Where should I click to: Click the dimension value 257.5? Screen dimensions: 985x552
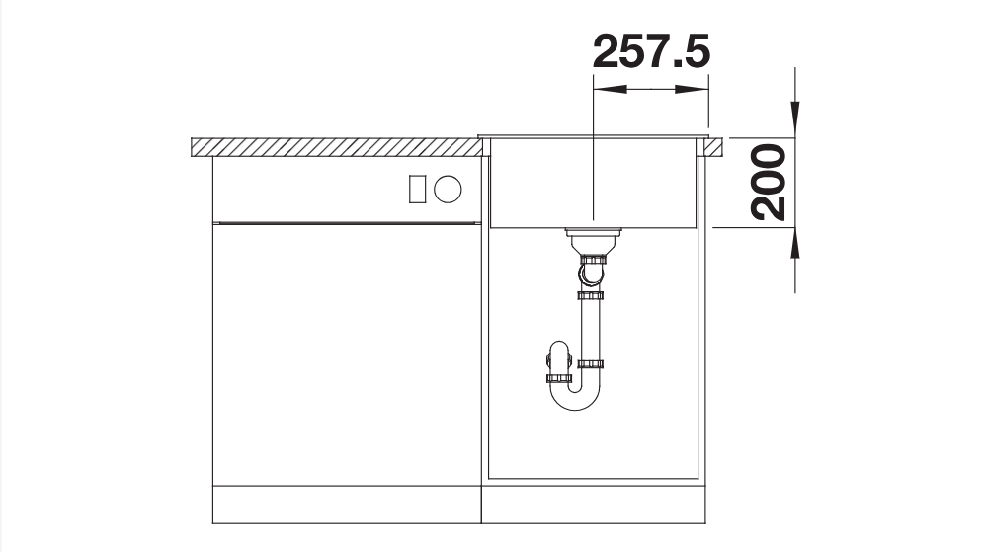pyautogui.click(x=651, y=51)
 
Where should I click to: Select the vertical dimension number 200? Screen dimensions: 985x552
pyautogui.click(x=769, y=183)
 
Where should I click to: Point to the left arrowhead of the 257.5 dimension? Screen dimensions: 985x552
pyautogui.click(x=610, y=89)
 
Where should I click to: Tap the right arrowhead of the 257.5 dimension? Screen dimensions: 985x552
pyautogui.click(x=692, y=89)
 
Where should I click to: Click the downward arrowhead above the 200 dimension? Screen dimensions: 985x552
pyautogui.click(x=795, y=119)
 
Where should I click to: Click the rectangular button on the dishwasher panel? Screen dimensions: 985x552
pyautogui.click(x=417, y=189)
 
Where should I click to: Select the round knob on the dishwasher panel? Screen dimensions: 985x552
pyautogui.click(x=448, y=189)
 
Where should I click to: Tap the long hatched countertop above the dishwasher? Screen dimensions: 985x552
pyautogui.click(x=337, y=147)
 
